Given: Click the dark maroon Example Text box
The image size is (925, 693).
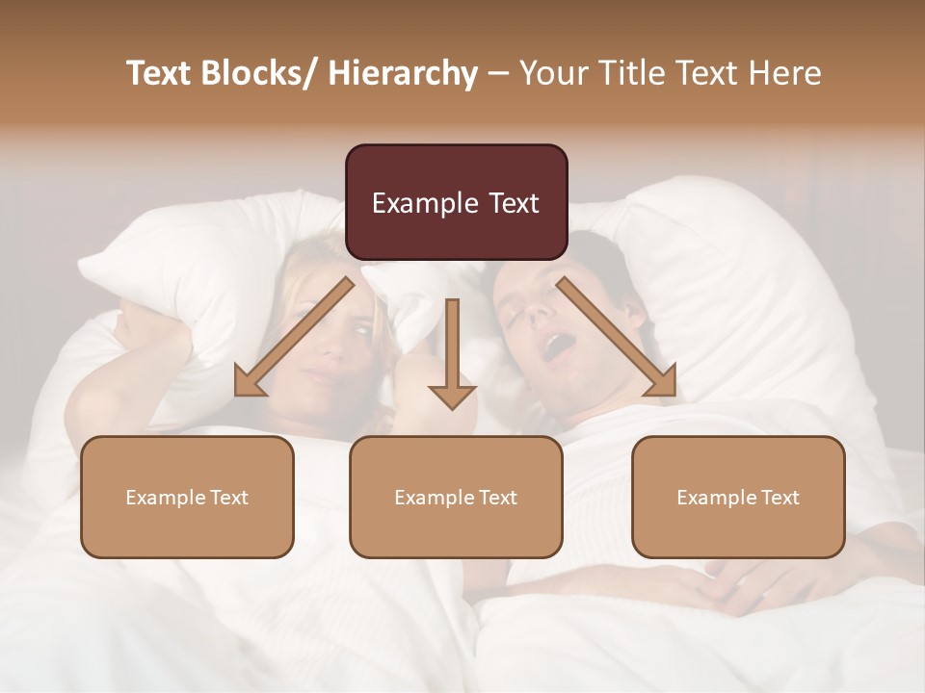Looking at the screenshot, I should pyautogui.click(x=456, y=202).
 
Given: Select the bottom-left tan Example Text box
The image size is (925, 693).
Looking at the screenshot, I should pyautogui.click(x=187, y=497).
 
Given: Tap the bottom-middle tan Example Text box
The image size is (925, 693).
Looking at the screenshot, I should pyautogui.click(x=456, y=497).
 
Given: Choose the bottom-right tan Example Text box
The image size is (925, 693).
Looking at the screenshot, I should pyautogui.click(x=738, y=497).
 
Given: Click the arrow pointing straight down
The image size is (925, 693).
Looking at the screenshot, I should pyautogui.click(x=452, y=356).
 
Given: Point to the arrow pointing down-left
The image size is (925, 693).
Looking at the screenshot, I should pyautogui.click(x=294, y=338).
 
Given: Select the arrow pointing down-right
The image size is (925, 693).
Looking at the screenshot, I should pyautogui.click(x=618, y=338).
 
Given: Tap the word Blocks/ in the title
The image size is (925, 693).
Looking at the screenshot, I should pyautogui.click(x=255, y=73).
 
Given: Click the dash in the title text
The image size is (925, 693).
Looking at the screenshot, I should pyautogui.click(x=498, y=73).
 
